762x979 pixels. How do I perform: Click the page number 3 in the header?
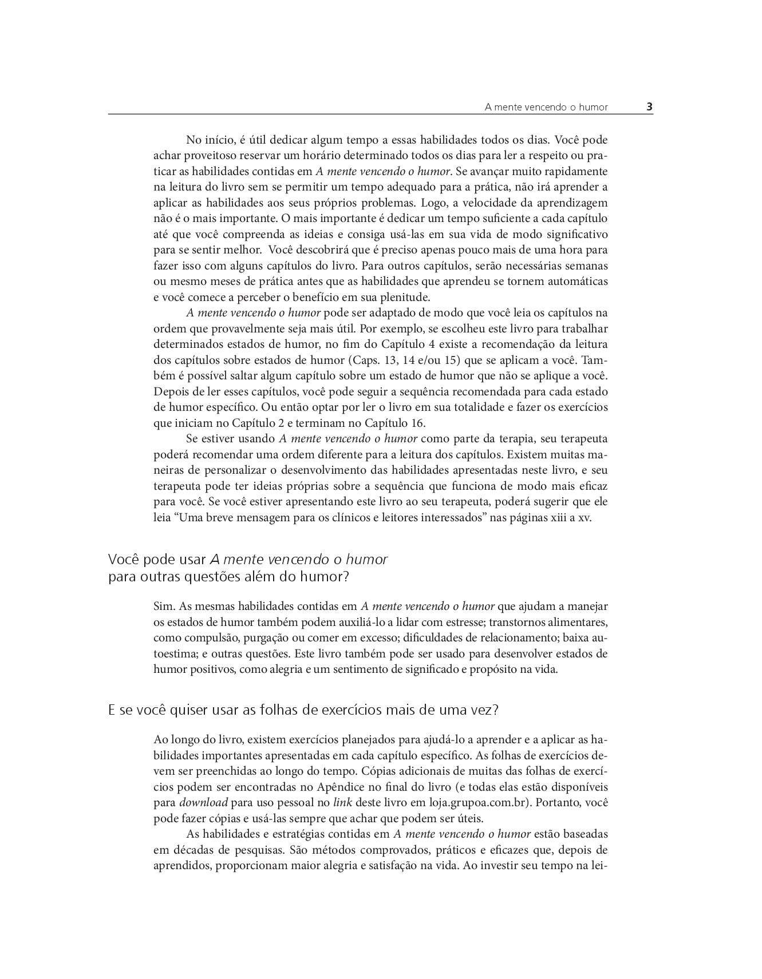click(x=650, y=106)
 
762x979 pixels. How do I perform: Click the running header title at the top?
click(x=546, y=107)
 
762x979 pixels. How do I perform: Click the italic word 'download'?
click(x=204, y=802)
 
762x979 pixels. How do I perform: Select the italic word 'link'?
click(x=342, y=802)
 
